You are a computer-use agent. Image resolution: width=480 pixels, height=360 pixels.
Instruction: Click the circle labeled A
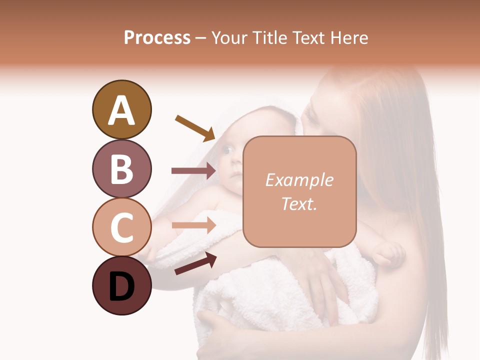pos(121,109)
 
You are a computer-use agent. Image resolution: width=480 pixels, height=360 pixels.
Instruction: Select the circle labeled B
pos(121,168)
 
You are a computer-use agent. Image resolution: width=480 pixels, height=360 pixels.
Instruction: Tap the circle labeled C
pos(121,227)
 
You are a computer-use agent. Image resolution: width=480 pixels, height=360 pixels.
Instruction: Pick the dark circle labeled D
pos(121,286)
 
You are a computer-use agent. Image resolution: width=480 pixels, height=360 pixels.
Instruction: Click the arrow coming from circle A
pos(195,127)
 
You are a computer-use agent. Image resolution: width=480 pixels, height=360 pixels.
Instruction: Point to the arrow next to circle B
pos(194,171)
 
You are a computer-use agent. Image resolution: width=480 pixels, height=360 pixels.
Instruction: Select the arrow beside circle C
pos(194,225)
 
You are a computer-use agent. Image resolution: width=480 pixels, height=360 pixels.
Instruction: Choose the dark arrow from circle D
pos(195,263)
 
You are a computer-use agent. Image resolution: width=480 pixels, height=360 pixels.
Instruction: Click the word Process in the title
pos(157,37)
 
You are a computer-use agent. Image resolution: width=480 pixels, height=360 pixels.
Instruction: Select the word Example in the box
pos(299,180)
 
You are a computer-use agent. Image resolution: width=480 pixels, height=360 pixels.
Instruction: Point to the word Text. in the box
pos(299,203)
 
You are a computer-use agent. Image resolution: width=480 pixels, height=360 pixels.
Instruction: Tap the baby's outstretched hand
pos(389,253)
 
